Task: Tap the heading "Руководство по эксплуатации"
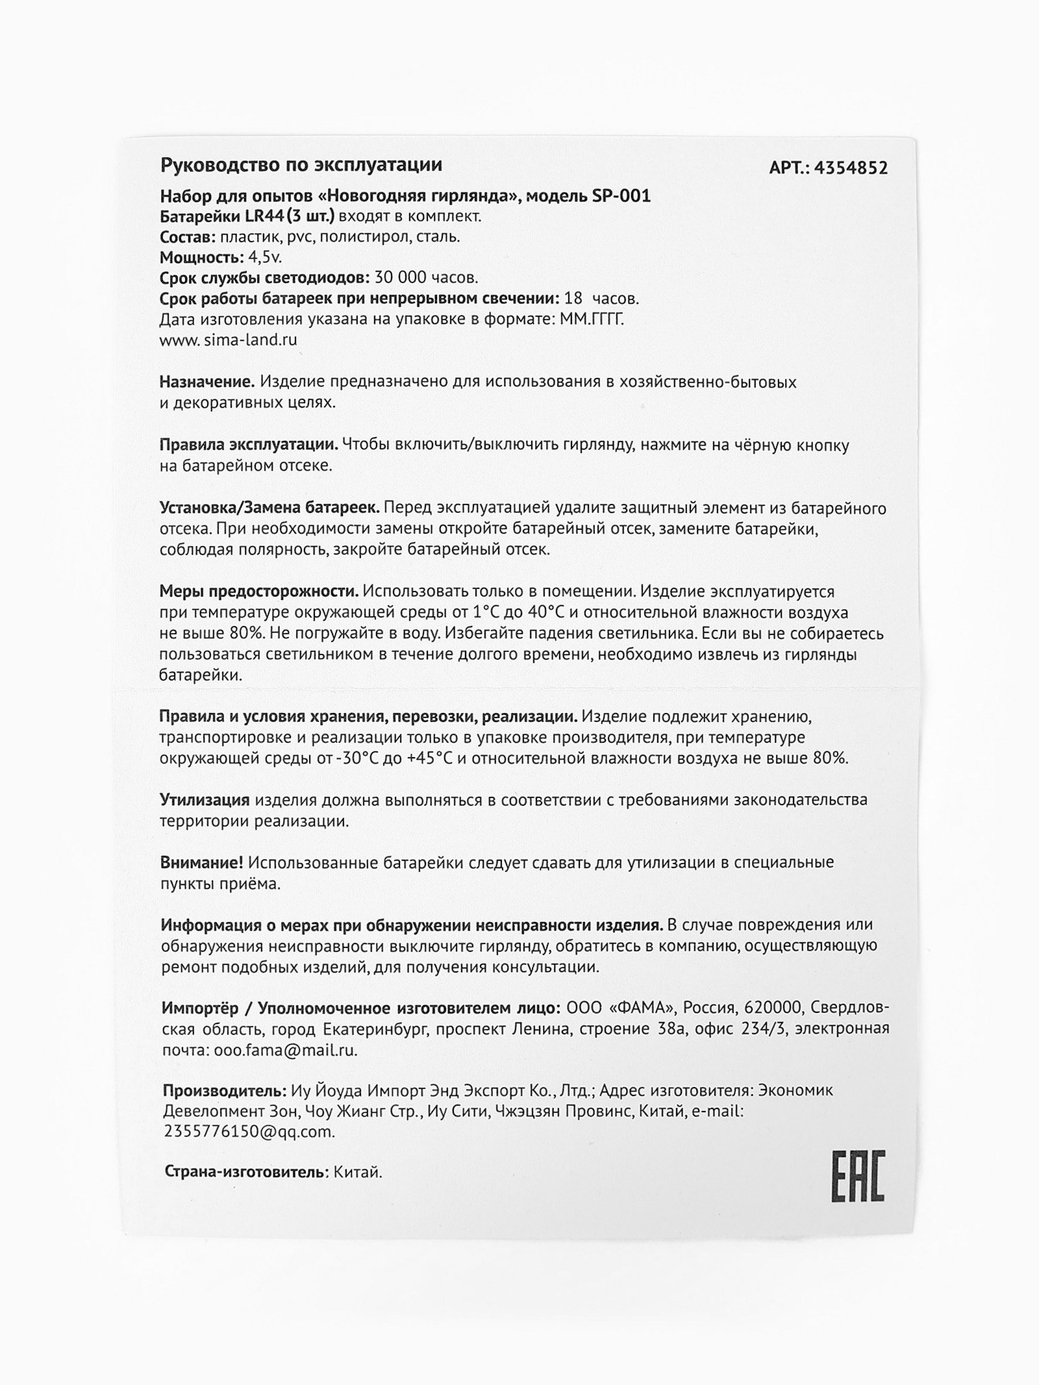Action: pyautogui.click(x=301, y=165)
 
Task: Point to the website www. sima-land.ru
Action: pyautogui.click(x=229, y=340)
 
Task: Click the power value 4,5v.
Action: pyautogui.click(x=265, y=257)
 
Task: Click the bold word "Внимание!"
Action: pyautogui.click(x=202, y=863)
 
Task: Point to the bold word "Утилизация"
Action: pyautogui.click(x=205, y=800)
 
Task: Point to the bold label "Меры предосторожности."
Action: pyautogui.click(x=258, y=592)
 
